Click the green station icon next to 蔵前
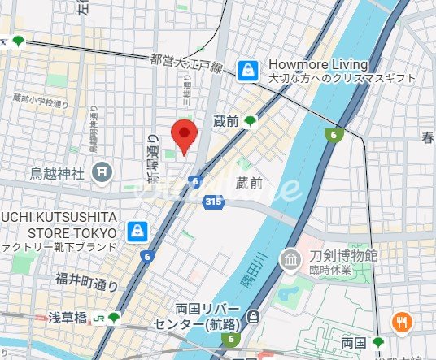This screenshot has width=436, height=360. coord(250,121)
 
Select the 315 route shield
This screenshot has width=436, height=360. coord(213,201)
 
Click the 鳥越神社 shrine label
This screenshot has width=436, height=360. coord(56,172)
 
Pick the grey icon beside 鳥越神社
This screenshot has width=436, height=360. coord(102,171)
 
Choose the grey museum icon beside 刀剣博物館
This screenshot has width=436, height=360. coord(290,261)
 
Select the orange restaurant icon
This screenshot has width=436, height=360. coord(400,323)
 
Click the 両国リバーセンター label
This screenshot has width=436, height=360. coord(204,316)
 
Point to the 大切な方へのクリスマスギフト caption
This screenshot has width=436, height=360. coord(342,78)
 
